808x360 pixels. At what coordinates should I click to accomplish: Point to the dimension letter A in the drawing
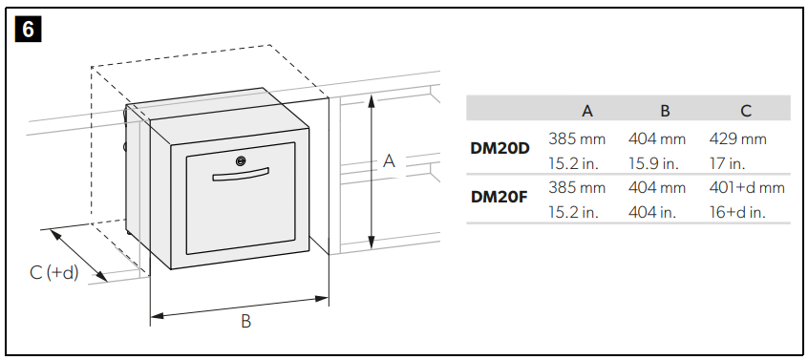pyautogui.click(x=389, y=161)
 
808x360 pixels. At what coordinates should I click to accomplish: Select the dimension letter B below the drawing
pyautogui.click(x=245, y=322)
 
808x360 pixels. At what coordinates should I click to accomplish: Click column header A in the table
pyautogui.click(x=587, y=111)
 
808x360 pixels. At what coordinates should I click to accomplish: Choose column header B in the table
pyautogui.click(x=665, y=111)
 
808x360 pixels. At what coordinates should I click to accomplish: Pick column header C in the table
pyautogui.click(x=745, y=111)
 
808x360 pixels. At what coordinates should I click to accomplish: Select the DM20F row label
pyautogui.click(x=500, y=198)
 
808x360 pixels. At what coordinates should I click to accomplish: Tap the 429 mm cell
pyautogui.click(x=737, y=139)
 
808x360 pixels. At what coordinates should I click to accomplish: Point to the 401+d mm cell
pyautogui.click(x=747, y=188)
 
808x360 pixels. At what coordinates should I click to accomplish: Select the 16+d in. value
pyautogui.click(x=738, y=212)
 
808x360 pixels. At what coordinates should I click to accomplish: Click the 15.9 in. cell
pyautogui.click(x=653, y=163)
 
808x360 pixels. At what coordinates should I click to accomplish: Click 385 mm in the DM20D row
pyautogui.click(x=577, y=139)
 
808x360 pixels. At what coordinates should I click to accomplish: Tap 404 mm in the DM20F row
pyautogui.click(x=657, y=188)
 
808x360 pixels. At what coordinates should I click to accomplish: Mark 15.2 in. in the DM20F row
pyautogui.click(x=573, y=212)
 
